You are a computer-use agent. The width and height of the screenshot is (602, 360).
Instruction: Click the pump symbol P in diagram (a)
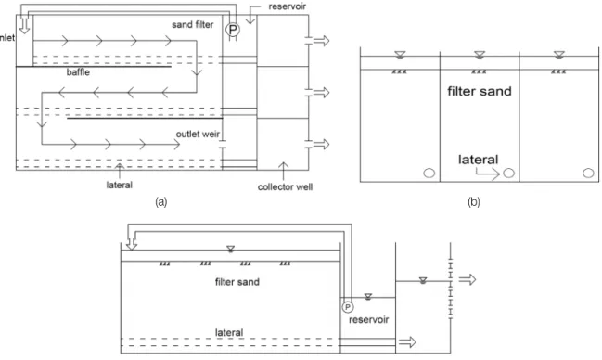click(232, 30)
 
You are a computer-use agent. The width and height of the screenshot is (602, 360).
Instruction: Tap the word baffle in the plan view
click(78, 72)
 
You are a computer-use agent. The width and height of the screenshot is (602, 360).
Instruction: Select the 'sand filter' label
click(193, 25)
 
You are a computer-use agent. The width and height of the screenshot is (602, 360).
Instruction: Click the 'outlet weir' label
click(198, 135)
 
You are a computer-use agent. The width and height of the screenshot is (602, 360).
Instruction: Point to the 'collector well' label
click(285, 187)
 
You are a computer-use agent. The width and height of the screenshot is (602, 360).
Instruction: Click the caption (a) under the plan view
click(161, 202)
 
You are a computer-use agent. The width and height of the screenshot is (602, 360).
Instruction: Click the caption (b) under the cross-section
click(474, 202)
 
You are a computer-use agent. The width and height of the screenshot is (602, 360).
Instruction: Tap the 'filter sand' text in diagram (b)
click(480, 92)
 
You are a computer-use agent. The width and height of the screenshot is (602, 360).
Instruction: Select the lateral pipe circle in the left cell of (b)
click(429, 174)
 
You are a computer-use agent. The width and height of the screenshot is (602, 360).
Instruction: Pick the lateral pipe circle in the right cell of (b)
click(588, 174)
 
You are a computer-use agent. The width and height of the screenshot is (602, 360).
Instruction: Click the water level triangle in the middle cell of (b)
click(480, 55)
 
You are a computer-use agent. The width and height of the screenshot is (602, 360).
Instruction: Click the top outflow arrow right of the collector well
click(321, 40)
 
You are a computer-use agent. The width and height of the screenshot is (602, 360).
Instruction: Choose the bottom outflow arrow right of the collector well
click(321, 144)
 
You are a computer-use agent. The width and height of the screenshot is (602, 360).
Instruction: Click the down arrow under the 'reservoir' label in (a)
click(250, 17)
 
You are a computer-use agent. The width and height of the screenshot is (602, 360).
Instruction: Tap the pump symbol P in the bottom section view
click(348, 307)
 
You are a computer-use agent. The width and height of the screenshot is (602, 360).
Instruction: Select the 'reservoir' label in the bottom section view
click(368, 320)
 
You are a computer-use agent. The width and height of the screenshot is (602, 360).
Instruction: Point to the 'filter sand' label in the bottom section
click(237, 282)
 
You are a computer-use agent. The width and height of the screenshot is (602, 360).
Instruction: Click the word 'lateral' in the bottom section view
click(229, 333)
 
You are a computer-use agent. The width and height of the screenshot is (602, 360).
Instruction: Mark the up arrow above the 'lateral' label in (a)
click(120, 170)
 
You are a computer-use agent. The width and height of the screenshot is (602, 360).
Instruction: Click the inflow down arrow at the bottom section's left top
click(132, 243)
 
